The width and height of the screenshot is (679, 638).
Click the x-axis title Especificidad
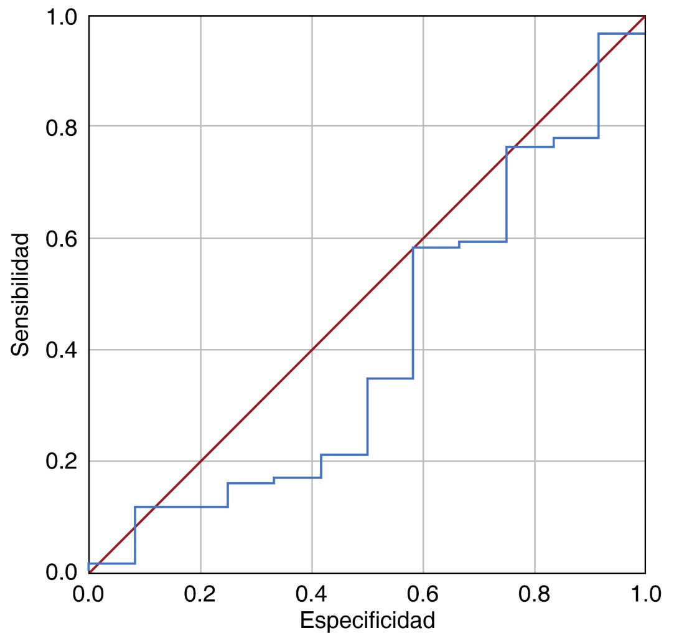coord(367,621)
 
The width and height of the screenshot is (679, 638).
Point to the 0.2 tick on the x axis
coord(200,593)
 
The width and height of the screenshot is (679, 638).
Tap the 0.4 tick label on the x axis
coord(312,593)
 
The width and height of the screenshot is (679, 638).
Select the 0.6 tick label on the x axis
coord(423,593)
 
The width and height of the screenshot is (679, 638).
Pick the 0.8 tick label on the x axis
coord(535,593)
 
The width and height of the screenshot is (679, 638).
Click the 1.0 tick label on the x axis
coord(645,593)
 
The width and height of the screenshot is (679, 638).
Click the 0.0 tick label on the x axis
coord(89,593)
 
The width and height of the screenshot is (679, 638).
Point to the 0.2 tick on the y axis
coord(61,461)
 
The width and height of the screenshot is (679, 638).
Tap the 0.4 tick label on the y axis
coord(61,350)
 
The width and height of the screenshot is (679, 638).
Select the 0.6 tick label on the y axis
coord(61,238)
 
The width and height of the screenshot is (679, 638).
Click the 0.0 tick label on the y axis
coord(61,572)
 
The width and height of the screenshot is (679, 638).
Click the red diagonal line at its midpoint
coord(367,294)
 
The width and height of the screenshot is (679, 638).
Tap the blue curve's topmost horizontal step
coord(622,34)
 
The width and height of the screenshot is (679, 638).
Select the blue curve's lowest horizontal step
coord(112,563)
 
